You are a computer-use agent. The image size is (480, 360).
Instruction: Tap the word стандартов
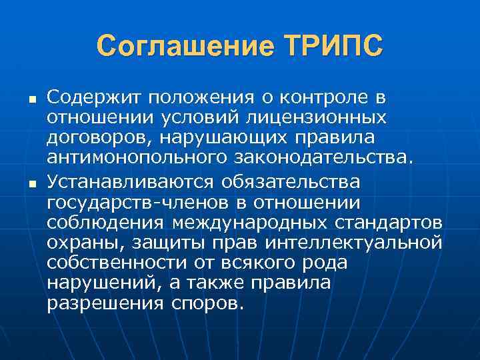point(397,222)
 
